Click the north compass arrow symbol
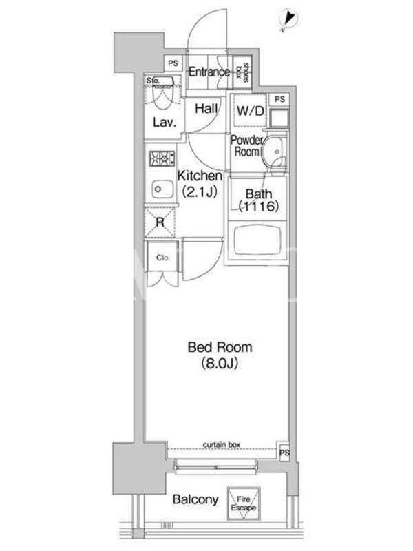tap(289, 18)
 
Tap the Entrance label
tap(209, 72)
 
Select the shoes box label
tap(242, 72)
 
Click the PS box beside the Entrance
tap(173, 63)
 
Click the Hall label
tap(206, 109)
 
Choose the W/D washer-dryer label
tap(251, 112)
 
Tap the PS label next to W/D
tap(280, 99)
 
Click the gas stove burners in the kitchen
tap(162, 158)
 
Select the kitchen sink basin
tap(162, 190)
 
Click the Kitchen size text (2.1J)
tap(200, 191)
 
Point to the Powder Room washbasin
tap(273, 152)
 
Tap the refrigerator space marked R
tap(160, 222)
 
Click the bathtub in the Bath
tap(257, 242)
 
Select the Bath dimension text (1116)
tap(259, 206)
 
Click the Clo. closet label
tap(162, 258)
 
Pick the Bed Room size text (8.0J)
tap(220, 364)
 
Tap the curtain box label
tap(222, 445)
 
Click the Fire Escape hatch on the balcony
tap(244, 503)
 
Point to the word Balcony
tap(195, 500)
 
